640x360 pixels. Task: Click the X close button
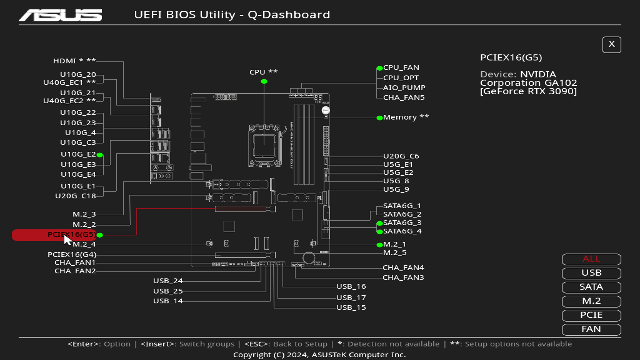click(x=611, y=44)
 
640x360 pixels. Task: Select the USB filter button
click(x=591, y=273)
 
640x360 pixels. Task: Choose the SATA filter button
click(x=591, y=287)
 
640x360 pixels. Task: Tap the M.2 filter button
click(x=591, y=301)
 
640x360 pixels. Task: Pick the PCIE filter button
click(x=591, y=315)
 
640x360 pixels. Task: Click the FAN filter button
click(x=591, y=329)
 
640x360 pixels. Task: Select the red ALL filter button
click(x=591, y=259)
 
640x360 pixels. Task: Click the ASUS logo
click(x=60, y=15)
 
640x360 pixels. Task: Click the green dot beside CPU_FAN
click(x=379, y=68)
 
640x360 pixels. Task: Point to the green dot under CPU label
click(x=264, y=81)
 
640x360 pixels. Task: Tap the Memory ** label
click(x=406, y=117)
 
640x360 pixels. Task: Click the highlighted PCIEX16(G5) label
click(x=71, y=235)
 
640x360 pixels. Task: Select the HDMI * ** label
click(x=74, y=61)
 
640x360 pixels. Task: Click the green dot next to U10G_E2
click(x=100, y=155)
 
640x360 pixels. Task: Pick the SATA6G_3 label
click(x=402, y=223)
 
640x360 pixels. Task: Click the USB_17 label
click(x=351, y=298)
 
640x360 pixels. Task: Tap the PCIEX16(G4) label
click(x=72, y=255)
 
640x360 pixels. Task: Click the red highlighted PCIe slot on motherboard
click(x=241, y=209)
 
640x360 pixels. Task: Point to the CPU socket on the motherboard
click(x=264, y=146)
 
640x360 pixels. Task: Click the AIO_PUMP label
click(x=404, y=88)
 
